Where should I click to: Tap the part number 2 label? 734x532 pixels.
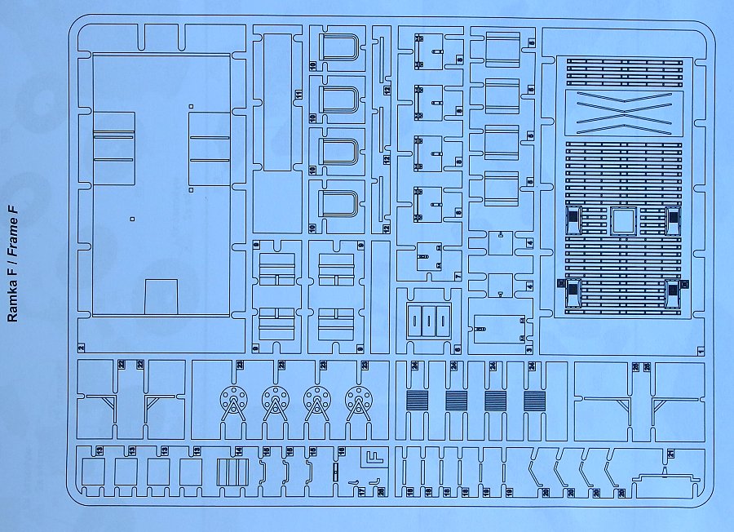(x=82, y=348)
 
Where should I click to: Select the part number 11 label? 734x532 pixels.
(x=299, y=96)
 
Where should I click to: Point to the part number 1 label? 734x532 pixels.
(x=701, y=350)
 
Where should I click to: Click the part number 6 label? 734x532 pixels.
(x=458, y=350)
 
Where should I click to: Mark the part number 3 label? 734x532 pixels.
(x=529, y=350)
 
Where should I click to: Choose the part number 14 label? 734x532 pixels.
(x=239, y=451)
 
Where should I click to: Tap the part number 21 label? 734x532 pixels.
(x=670, y=453)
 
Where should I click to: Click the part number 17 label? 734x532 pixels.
(x=362, y=492)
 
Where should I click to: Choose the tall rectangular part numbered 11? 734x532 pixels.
(x=278, y=102)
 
